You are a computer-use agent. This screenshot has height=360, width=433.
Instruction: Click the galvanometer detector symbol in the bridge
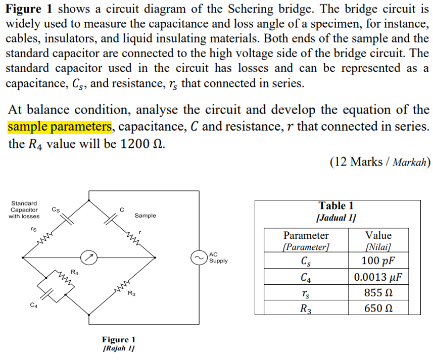pyautogui.click(x=89, y=258)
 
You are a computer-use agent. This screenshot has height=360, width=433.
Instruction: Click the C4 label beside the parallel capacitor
pyautogui.click(x=33, y=304)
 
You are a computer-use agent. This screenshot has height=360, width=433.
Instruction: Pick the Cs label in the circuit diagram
pyautogui.click(x=56, y=209)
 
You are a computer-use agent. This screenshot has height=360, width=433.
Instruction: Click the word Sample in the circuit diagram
pyautogui.click(x=145, y=216)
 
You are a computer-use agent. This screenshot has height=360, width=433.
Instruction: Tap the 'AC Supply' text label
pyautogui.click(x=218, y=258)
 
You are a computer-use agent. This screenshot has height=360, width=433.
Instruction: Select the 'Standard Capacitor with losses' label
pyautogui.click(x=24, y=210)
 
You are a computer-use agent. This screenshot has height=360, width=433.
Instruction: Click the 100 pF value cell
pyautogui.click(x=378, y=261)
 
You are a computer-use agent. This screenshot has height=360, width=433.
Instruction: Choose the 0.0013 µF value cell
pyautogui.click(x=378, y=277)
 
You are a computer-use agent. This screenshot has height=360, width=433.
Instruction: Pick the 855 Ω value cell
pyautogui.click(x=378, y=293)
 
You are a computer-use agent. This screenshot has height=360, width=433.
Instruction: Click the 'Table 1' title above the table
pyautogui.click(x=336, y=205)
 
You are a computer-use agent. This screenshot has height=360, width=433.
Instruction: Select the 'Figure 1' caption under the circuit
pyautogui.click(x=119, y=340)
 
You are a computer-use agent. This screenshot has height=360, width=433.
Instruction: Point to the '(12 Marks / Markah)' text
pyautogui.click(x=379, y=162)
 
